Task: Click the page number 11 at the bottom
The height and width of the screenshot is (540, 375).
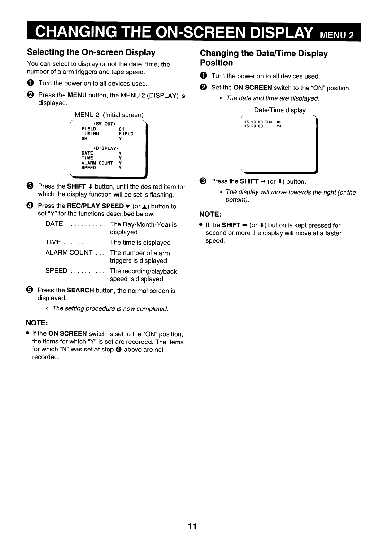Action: tap(192, 527)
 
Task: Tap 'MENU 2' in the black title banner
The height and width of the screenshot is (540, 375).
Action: tap(337, 35)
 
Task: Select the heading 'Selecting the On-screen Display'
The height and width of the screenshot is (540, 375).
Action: tap(91, 52)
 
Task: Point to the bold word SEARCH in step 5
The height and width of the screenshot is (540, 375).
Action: tap(80, 291)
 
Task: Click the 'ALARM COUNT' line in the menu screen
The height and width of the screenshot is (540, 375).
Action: tap(97, 163)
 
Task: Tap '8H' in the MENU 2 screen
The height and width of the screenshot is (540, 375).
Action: tap(84, 139)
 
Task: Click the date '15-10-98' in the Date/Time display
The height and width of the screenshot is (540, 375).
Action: tap(253, 122)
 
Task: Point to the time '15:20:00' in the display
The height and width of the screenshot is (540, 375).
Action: tap(253, 126)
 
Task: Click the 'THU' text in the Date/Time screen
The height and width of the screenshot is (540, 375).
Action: tap(268, 122)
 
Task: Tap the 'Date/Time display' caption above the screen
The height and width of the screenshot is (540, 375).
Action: tap(280, 110)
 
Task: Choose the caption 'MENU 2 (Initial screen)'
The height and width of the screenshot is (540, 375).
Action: tap(109, 115)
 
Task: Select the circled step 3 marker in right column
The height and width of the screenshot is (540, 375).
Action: tap(203, 181)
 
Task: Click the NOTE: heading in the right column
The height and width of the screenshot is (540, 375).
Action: tap(210, 214)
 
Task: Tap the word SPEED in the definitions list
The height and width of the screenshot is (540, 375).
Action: tap(57, 271)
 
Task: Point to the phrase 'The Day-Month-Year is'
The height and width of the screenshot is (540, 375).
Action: tap(143, 224)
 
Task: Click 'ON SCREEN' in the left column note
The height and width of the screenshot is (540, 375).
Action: tap(67, 334)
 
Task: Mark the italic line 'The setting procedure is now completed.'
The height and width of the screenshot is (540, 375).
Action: tap(110, 309)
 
